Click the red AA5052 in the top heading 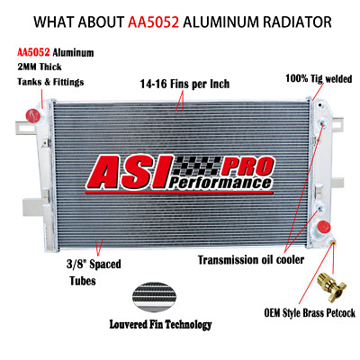coord(153,22)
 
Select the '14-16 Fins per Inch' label coord(184,84)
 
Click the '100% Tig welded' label coord(319,78)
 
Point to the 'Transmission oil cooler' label coord(251,260)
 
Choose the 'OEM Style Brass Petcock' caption coord(310,313)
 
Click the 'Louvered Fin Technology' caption coord(160,324)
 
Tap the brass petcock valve coord(331,283)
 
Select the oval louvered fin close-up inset coord(154,297)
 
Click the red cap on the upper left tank coord(33,115)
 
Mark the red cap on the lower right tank coord(323,227)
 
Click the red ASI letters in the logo coord(129,172)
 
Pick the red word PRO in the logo coord(247,166)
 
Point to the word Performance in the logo coord(220,183)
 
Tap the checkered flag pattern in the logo coord(198,166)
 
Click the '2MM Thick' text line coord(40,67)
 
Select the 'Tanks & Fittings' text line coord(50,82)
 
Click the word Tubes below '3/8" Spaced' coord(83,281)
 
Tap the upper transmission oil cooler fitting coord(323,122)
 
